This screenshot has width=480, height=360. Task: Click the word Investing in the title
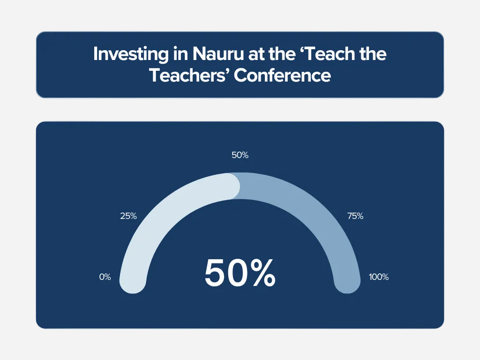pos(131,54)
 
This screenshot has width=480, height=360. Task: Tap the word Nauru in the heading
pos(218,54)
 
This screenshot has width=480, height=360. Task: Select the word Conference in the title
pos(282,75)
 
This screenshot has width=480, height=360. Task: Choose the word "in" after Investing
pos(180,54)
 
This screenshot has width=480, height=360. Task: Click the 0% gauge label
pos(105,277)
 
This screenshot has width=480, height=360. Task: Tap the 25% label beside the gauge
pos(128,216)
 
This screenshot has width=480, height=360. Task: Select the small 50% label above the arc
pos(240,155)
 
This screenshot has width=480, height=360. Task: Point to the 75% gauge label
pos(355,216)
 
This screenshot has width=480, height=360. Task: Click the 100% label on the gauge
pos(379,277)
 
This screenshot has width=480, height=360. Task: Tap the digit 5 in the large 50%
pos(214,273)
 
